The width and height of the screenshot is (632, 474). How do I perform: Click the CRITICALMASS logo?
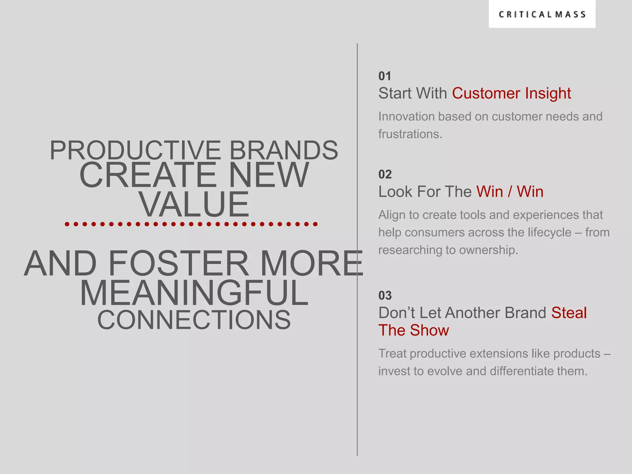pos(542,15)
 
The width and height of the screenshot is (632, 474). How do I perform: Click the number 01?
pos(385,76)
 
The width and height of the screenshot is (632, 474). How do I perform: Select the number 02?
pos(385,175)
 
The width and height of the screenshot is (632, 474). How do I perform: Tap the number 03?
pos(385,296)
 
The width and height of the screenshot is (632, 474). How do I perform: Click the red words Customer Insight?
pos(511,93)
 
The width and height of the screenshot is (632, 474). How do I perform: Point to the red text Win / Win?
pos(509,192)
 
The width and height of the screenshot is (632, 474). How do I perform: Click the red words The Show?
pos(414,331)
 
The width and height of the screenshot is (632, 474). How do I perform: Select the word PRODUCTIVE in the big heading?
pos(135,151)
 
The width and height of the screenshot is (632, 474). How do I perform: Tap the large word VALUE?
pos(194,204)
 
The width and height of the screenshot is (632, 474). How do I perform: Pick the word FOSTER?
pos(178,264)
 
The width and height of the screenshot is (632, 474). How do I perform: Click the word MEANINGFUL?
pos(194,293)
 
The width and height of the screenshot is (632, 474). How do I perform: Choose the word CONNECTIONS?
pos(194,320)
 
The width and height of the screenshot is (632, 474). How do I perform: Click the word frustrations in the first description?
pos(410,134)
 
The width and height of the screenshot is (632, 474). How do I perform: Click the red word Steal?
pos(569,313)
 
